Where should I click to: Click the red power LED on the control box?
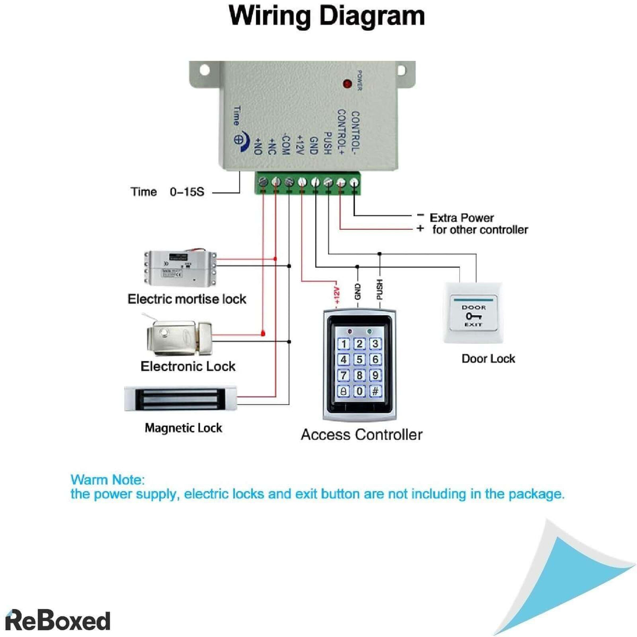pos(347,84)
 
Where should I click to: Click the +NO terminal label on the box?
pos(258,146)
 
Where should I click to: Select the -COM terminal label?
pos(285,144)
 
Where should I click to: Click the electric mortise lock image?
pos(180,268)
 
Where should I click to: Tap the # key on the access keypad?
pos(375,391)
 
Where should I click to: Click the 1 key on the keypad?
pos(344,344)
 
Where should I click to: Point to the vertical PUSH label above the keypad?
pos(380,289)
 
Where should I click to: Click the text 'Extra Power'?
pos(461,218)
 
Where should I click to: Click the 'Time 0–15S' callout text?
pos(167,192)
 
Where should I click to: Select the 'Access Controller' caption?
pos(361,435)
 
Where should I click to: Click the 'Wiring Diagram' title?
pos(326,16)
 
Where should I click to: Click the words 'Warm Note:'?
pos(107,480)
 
